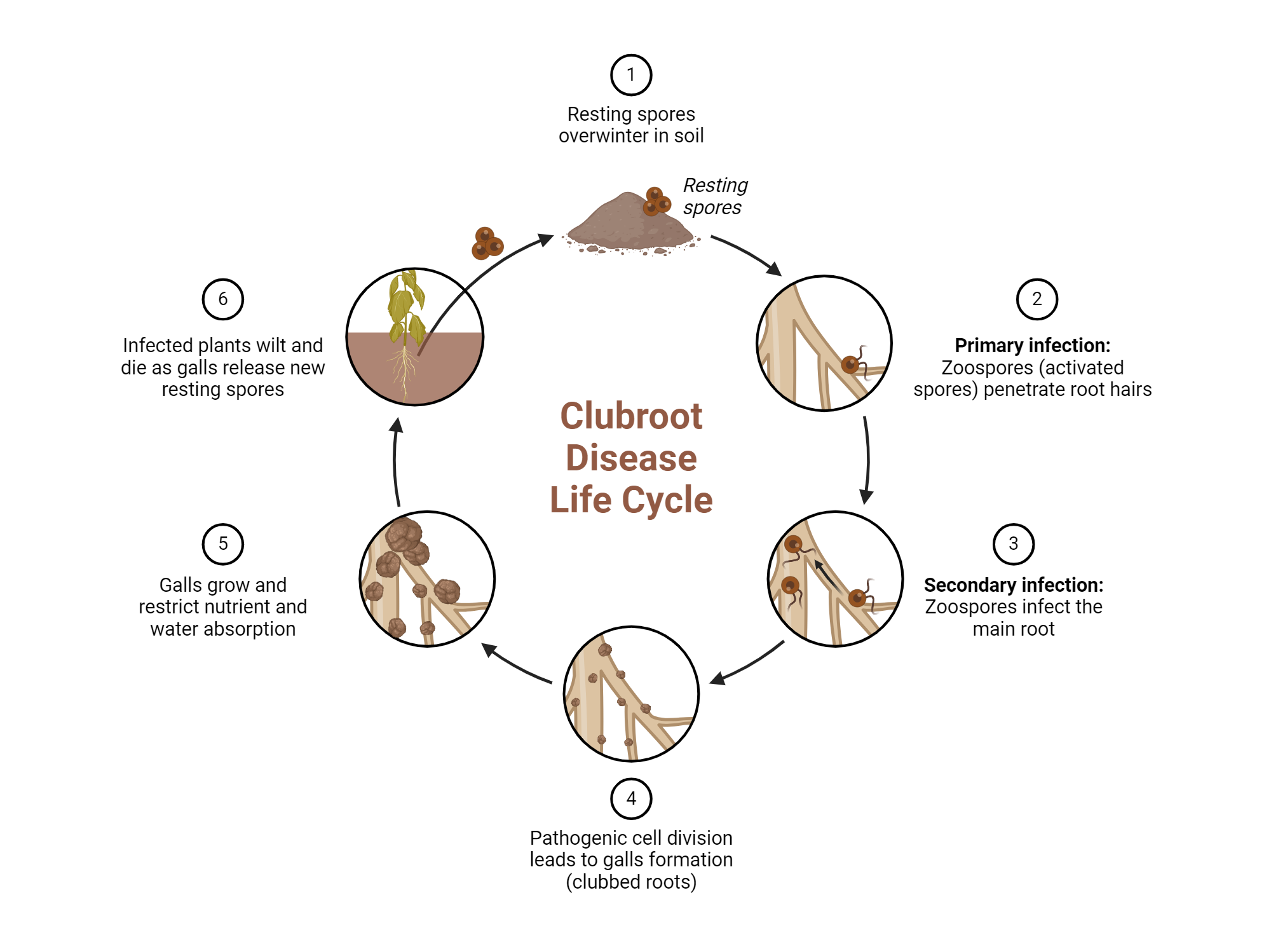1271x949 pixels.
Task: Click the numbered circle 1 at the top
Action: tap(630, 75)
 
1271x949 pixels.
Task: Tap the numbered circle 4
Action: tap(630, 798)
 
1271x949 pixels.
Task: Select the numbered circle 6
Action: tap(222, 299)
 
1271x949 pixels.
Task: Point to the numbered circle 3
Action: tap(1013, 543)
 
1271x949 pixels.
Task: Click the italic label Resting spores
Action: tap(714, 196)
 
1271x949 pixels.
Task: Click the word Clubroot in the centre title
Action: tap(630, 416)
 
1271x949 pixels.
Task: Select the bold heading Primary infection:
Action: tap(1032, 345)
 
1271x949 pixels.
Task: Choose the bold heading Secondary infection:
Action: tap(1013, 585)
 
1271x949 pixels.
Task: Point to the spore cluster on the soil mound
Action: tap(656, 201)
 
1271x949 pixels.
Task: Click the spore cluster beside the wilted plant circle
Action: tap(487, 243)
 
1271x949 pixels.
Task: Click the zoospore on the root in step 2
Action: tap(850, 364)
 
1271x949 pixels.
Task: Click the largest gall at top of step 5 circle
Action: tap(404, 535)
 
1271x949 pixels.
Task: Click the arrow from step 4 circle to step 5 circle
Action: tap(515, 664)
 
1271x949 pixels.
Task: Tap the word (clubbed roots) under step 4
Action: tap(630, 882)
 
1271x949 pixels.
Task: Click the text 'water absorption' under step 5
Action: tap(222, 629)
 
